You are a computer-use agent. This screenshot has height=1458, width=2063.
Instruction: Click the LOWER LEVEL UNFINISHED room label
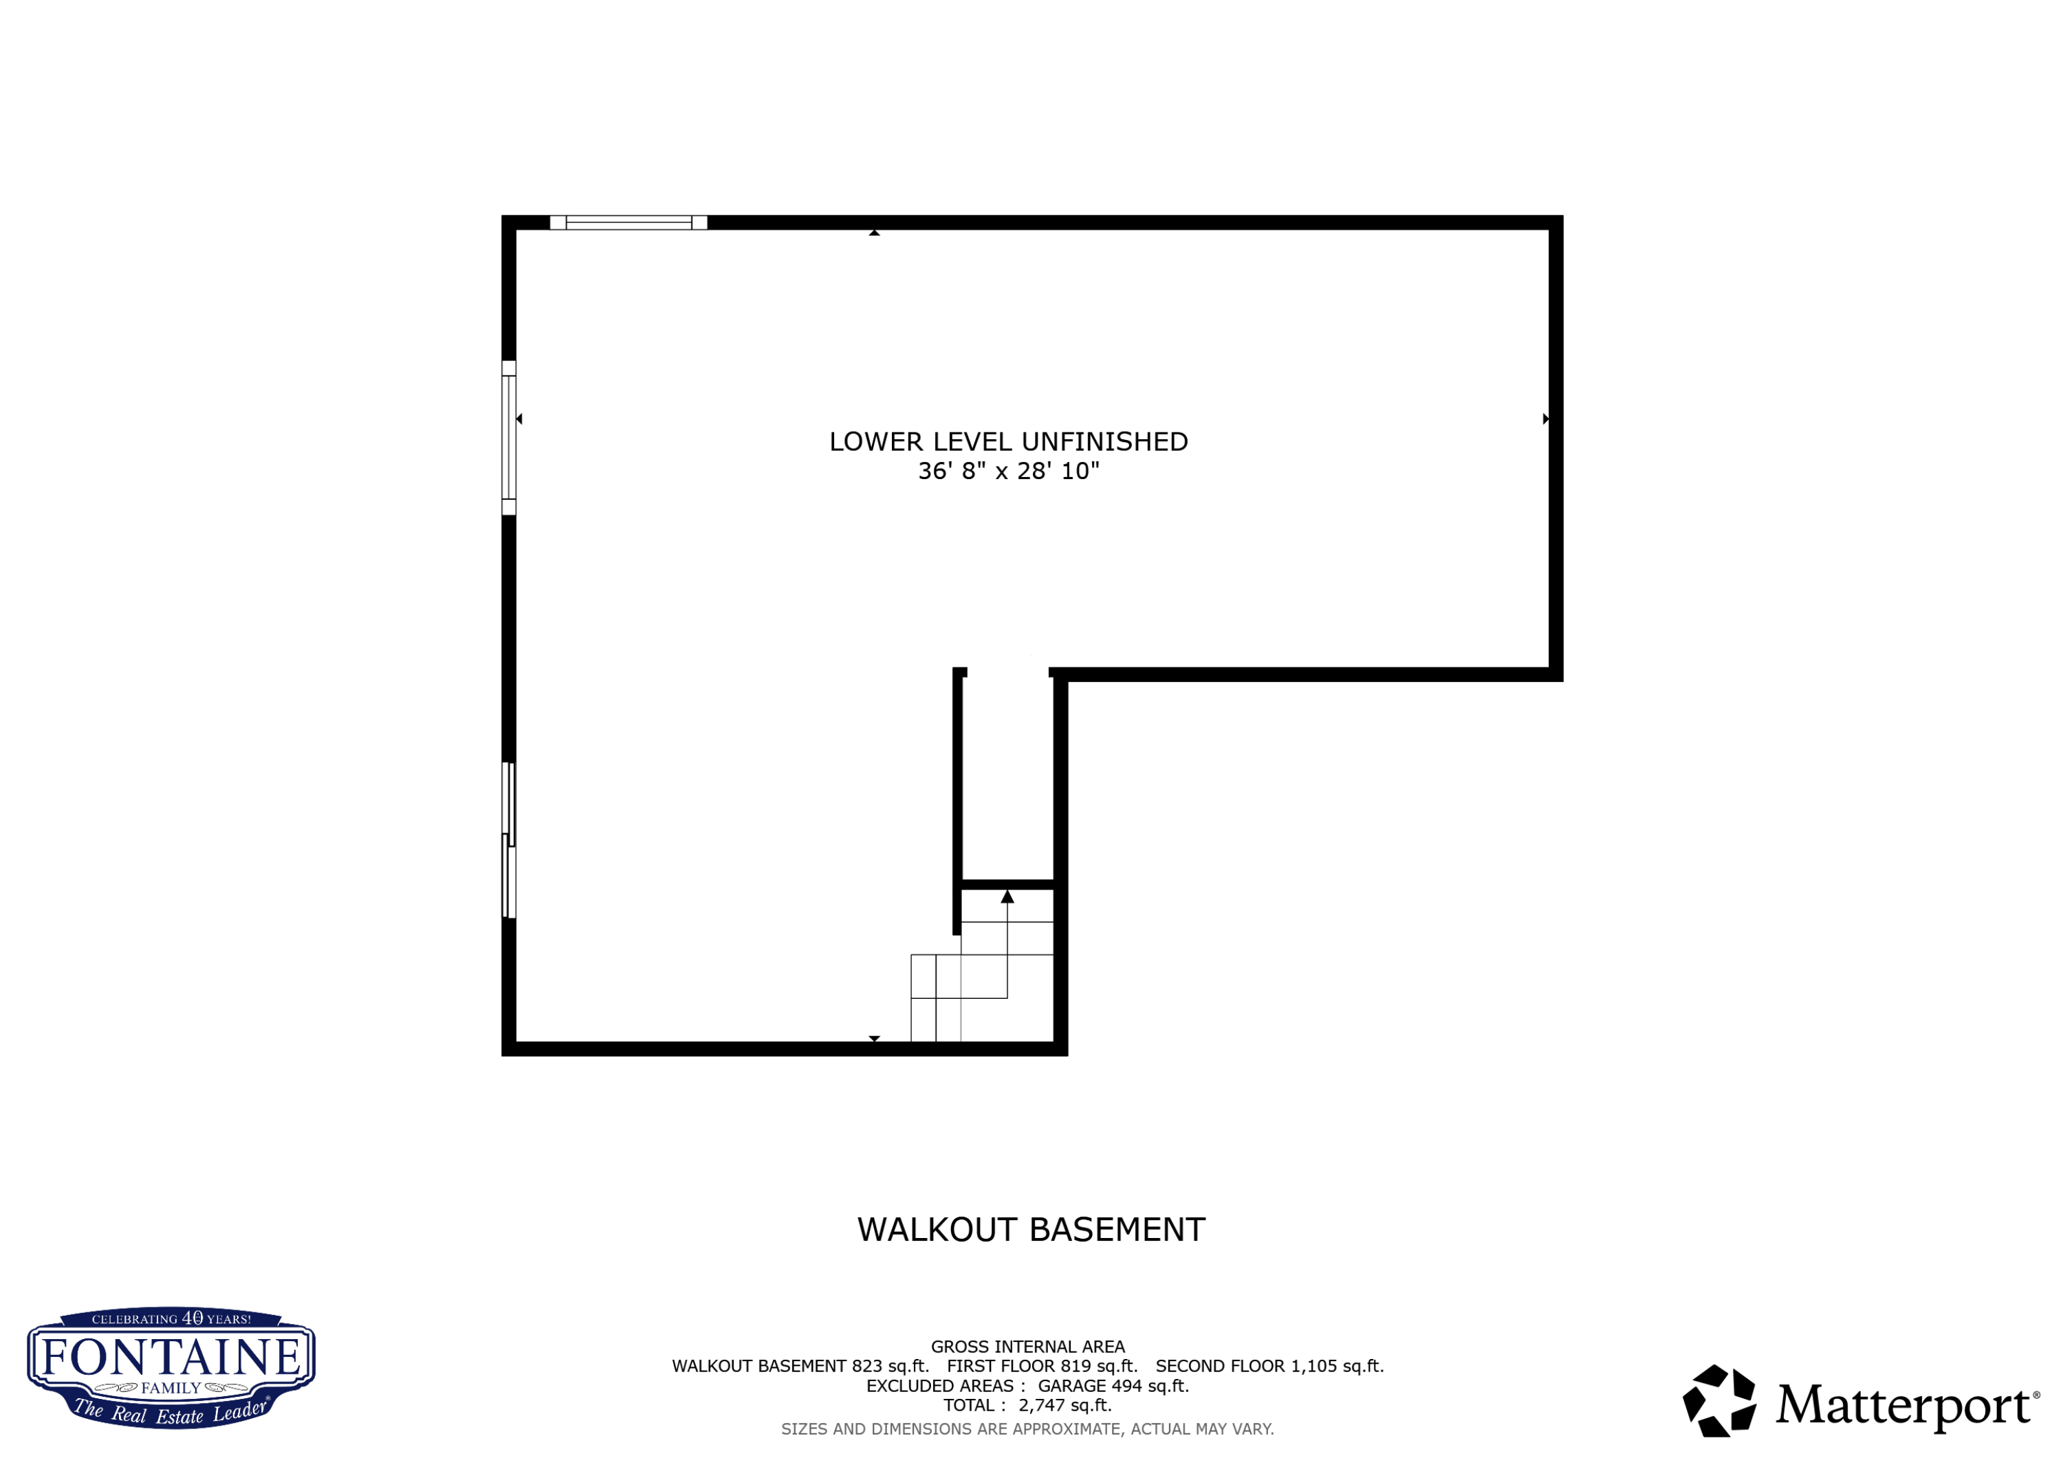coord(1008,442)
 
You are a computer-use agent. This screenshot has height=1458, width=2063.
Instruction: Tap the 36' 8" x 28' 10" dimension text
coord(1008,472)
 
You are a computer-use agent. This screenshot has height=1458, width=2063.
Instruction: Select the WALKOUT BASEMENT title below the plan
coord(1031,1230)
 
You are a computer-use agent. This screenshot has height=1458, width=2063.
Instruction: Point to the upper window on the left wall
coord(509,437)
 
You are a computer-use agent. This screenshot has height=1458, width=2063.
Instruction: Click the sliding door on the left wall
coord(509,840)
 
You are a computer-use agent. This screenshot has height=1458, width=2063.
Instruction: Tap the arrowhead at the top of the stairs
coord(1007,896)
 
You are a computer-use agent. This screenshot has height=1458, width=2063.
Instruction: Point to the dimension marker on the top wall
coord(874,232)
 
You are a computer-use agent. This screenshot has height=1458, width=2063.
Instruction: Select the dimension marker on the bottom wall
coord(874,1039)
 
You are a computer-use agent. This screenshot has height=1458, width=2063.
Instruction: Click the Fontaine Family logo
coord(171,1367)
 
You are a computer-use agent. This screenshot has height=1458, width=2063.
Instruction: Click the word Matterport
coord(1902,1405)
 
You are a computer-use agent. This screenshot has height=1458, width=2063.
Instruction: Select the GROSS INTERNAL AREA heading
coord(1028,1347)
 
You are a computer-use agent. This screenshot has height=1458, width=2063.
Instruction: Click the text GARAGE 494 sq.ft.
coord(1113,1386)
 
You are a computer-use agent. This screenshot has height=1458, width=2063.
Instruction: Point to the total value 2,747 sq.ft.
coord(1065,1406)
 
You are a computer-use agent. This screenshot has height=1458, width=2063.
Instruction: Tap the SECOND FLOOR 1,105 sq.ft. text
coord(1269,1367)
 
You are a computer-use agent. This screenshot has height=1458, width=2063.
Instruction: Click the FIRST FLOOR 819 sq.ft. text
coord(1043,1367)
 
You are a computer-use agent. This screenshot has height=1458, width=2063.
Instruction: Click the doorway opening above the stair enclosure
coord(1007,672)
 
